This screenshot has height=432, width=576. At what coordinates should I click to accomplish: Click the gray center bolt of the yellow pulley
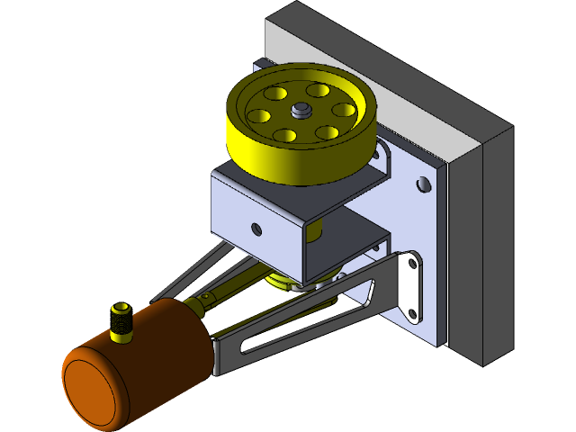click(300, 110)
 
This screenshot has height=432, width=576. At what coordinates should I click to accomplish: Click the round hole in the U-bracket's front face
click(257, 229)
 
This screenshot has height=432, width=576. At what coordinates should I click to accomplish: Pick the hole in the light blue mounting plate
click(422, 184)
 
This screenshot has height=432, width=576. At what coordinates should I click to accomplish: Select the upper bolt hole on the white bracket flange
click(413, 265)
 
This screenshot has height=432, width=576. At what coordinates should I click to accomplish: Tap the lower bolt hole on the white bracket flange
click(413, 313)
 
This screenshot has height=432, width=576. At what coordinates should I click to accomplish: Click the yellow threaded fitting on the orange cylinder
click(121, 321)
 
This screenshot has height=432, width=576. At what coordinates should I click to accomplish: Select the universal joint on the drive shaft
click(208, 298)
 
